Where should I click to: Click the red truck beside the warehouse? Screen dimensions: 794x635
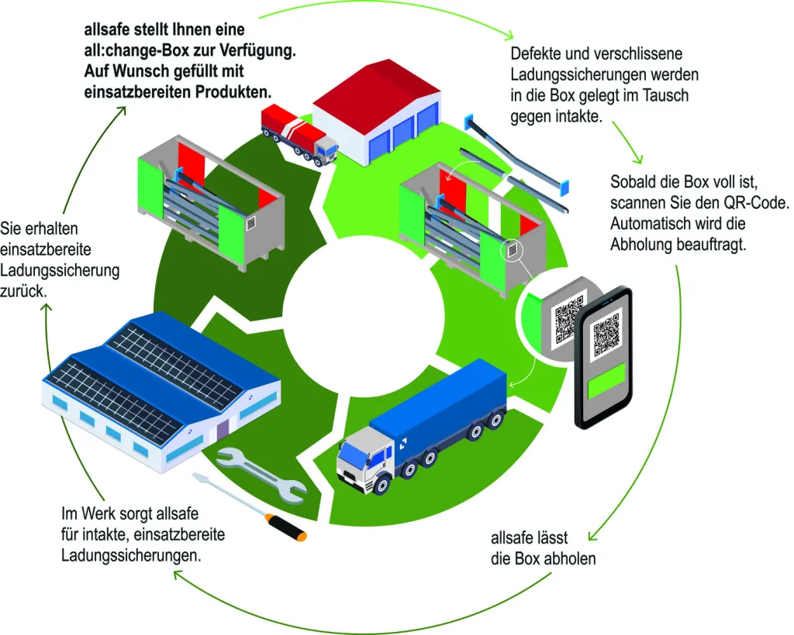[299, 133]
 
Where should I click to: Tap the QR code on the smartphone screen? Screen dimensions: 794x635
[606, 335]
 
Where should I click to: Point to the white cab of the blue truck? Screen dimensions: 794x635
[365, 458]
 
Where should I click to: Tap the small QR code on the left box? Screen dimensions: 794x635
[250, 223]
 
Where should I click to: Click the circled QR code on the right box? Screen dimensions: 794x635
[512, 250]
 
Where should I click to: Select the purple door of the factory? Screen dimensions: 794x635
[223, 431]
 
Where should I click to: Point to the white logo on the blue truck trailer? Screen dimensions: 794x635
[403, 444]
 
